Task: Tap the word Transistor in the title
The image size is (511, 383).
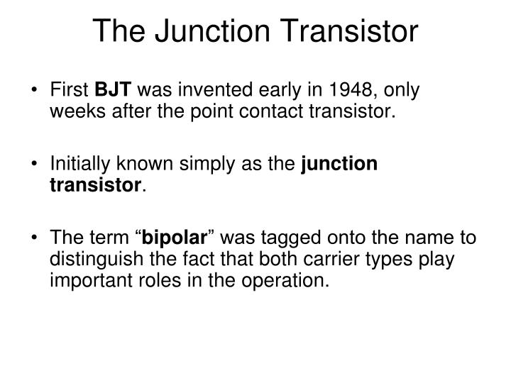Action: tap(344, 31)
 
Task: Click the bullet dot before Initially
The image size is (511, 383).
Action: tap(36, 164)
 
